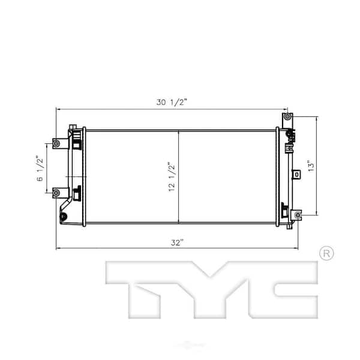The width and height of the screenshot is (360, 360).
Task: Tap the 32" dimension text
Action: (176, 242)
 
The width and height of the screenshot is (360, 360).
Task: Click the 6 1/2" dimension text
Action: (40, 169)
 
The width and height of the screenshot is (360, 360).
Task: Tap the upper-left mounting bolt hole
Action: (56, 143)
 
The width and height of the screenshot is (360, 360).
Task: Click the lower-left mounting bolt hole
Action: (56, 193)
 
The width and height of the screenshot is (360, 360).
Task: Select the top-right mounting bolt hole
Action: (287, 116)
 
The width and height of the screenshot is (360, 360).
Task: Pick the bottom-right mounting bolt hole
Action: (297, 215)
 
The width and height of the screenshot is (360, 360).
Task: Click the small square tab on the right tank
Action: (296, 174)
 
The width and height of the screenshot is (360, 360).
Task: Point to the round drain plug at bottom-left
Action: (64, 216)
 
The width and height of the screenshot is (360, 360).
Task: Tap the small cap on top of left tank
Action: (73, 125)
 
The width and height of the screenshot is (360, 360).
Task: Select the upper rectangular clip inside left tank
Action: (77, 144)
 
